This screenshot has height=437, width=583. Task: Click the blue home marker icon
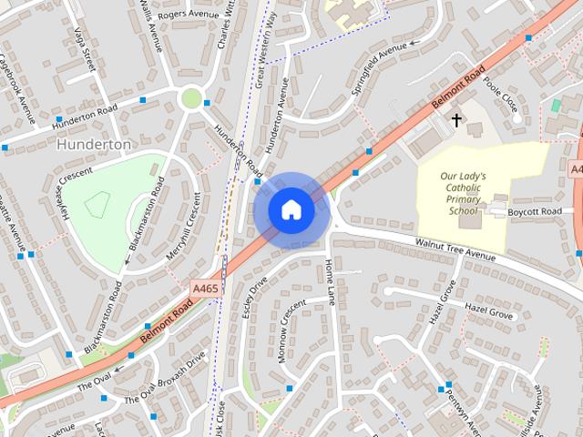tap(291, 210)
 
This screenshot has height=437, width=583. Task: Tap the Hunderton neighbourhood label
tap(94, 144)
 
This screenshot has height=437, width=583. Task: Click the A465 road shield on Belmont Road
tap(205, 288)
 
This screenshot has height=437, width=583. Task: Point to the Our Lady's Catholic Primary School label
tap(463, 193)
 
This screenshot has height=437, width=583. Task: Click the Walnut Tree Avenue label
tap(455, 250)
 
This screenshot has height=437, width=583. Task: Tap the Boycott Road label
tap(537, 211)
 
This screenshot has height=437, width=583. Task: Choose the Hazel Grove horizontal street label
tap(489, 310)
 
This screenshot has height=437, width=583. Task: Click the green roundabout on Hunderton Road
tap(190, 97)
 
